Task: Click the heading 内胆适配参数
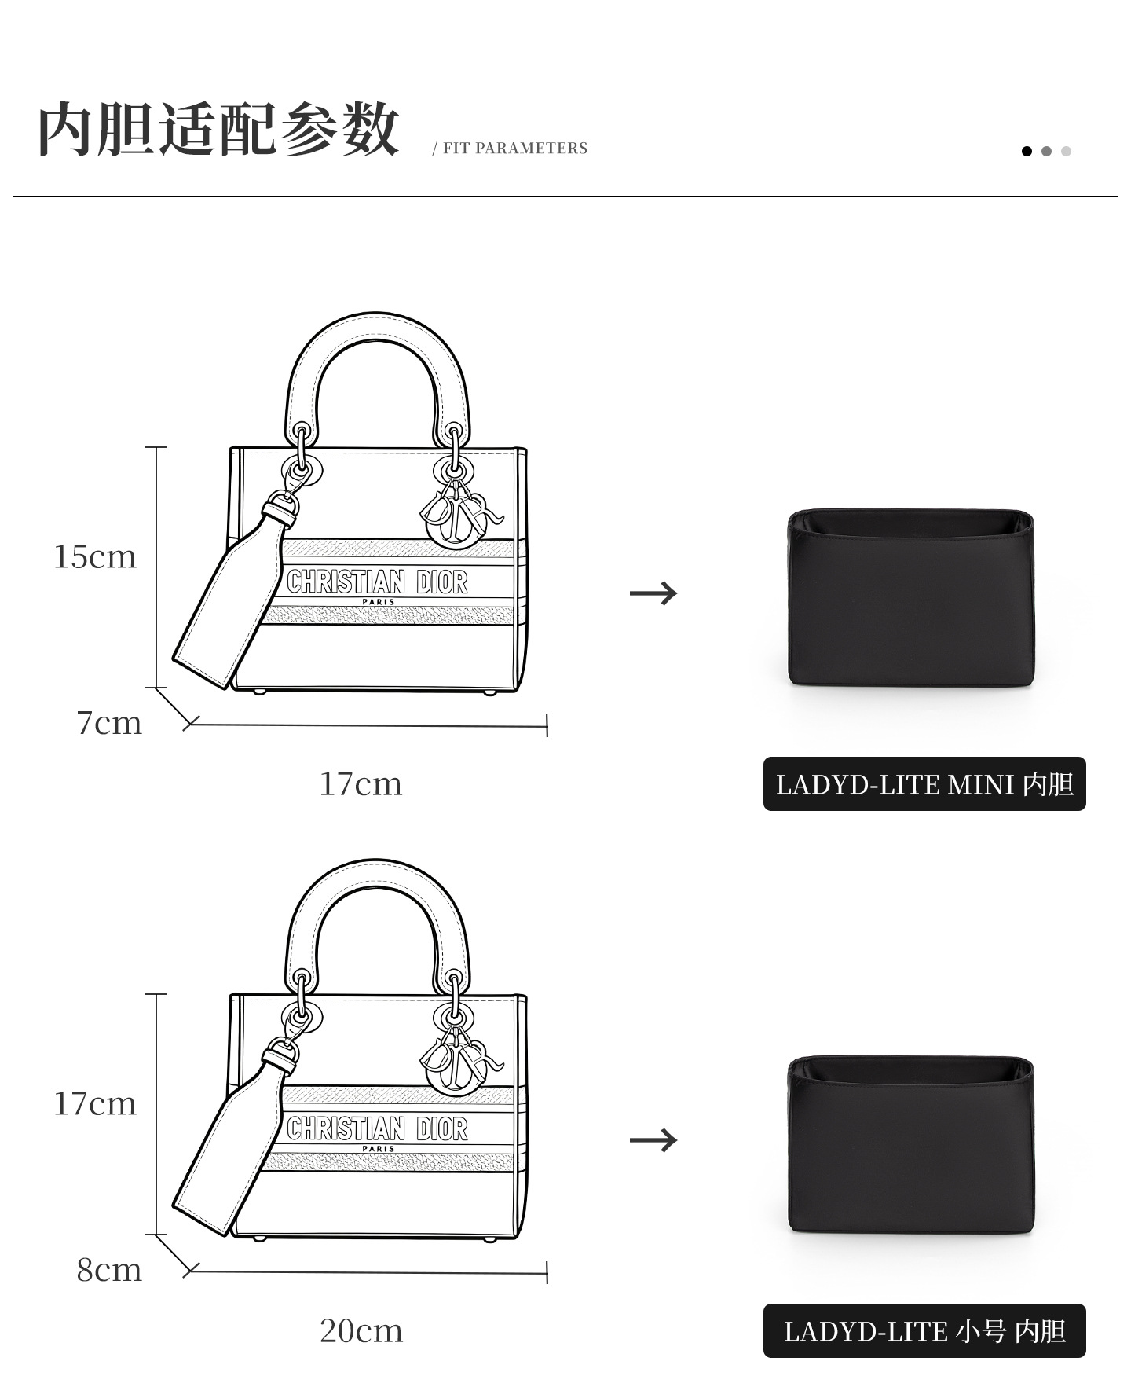click(x=218, y=129)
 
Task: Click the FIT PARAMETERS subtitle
click(x=515, y=149)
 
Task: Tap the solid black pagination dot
click(x=1027, y=151)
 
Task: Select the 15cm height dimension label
click(x=95, y=557)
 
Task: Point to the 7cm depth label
click(x=109, y=723)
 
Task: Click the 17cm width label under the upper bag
click(x=361, y=784)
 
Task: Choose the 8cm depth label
click(x=109, y=1270)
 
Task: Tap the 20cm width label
click(x=361, y=1331)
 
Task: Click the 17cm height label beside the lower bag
click(x=95, y=1104)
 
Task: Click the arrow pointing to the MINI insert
click(x=653, y=593)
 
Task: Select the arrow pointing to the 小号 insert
click(x=653, y=1139)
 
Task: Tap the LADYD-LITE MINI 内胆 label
click(x=924, y=784)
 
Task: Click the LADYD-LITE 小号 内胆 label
click(x=924, y=1331)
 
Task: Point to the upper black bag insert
click(x=910, y=597)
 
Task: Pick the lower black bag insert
click(x=910, y=1145)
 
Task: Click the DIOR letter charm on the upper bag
click(x=461, y=515)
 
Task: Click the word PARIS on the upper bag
click(x=379, y=602)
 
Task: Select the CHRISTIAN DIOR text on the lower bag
click(x=377, y=1129)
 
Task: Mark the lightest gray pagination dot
click(x=1066, y=151)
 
